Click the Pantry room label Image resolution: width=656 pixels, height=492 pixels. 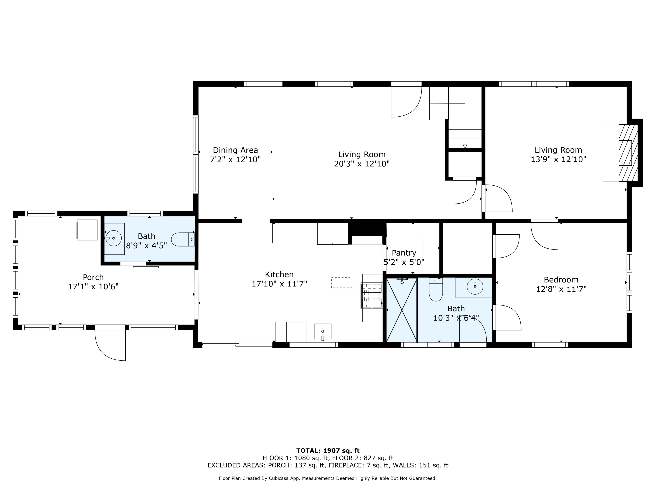click(x=404, y=253)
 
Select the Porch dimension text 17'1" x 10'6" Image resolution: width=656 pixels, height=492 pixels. click(x=93, y=286)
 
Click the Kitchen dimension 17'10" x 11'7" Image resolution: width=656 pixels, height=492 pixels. click(x=279, y=284)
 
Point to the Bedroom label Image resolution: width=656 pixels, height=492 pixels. click(x=561, y=279)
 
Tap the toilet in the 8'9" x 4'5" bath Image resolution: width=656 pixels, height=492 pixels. click(x=182, y=239)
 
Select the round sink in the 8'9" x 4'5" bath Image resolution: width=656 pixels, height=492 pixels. click(x=113, y=238)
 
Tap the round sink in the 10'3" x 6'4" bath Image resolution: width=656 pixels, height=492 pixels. click(x=475, y=286)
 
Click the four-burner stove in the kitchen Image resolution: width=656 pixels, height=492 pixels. click(x=372, y=295)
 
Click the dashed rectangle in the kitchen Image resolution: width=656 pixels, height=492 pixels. click(x=341, y=282)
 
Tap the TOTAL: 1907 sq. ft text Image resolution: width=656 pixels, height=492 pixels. click(x=328, y=451)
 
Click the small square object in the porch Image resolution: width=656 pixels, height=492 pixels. click(x=87, y=230)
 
